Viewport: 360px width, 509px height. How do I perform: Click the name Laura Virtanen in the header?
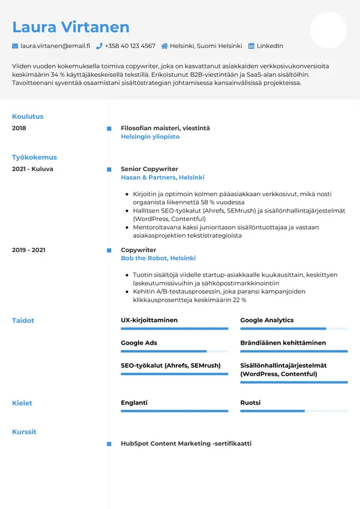71,27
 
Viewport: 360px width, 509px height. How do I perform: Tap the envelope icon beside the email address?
15,46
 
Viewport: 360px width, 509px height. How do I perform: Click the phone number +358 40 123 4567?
130,46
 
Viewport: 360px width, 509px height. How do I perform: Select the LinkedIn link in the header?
269,46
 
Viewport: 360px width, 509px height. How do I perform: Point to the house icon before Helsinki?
164,46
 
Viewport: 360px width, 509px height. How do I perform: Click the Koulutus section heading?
28,116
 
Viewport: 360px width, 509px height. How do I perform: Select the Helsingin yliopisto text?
150,137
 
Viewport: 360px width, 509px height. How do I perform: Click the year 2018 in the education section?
19,128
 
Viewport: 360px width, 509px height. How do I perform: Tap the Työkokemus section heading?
34,157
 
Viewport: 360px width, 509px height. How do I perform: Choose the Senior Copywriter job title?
149,169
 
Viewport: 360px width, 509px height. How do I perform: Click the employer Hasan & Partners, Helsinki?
163,178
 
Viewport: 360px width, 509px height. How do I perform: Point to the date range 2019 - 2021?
29,250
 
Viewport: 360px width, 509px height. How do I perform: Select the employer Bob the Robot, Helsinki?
158,258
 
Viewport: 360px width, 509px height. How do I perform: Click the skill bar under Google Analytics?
294,328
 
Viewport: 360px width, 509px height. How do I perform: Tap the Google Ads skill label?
139,343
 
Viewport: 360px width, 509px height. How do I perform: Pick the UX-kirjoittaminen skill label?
149,320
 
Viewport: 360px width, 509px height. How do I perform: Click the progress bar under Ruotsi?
294,411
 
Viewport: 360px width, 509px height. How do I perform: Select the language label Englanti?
134,403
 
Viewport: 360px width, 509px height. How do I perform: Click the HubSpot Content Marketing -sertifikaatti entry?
186,444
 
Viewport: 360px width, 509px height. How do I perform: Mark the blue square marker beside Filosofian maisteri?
109,128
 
